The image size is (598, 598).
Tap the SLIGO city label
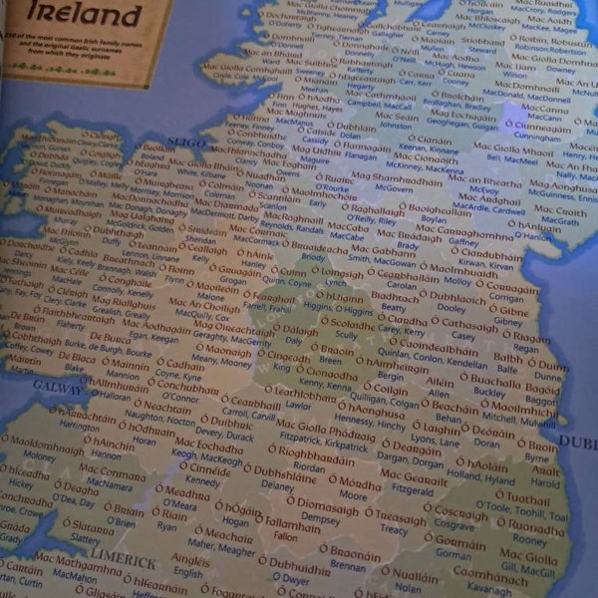pyautogui.click(x=186, y=142)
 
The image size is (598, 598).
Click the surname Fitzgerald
pyautogui.click(x=412, y=489)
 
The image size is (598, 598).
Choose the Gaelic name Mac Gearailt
pyautogui.click(x=415, y=477)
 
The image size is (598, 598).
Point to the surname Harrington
pyautogui.click(x=81, y=426)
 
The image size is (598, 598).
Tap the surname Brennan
pyautogui.click(x=348, y=565)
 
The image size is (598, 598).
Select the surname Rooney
pyautogui.click(x=530, y=539)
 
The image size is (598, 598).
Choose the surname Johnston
pyautogui.click(x=395, y=127)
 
